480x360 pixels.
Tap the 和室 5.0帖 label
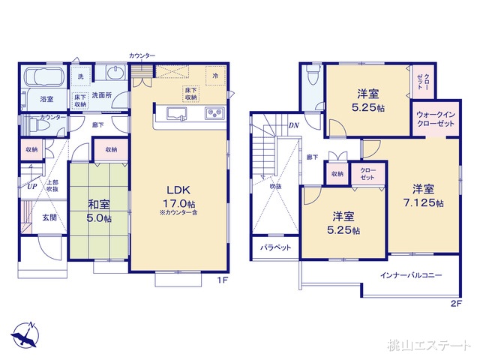click(x=99, y=210)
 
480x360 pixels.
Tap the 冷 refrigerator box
click(x=215, y=76)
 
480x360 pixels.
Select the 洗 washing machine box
click(x=80, y=76)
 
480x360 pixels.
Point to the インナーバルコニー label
click(x=411, y=276)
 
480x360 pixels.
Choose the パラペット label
click(x=275, y=247)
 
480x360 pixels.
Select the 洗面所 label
click(x=101, y=95)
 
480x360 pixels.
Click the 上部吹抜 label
click(x=53, y=185)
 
